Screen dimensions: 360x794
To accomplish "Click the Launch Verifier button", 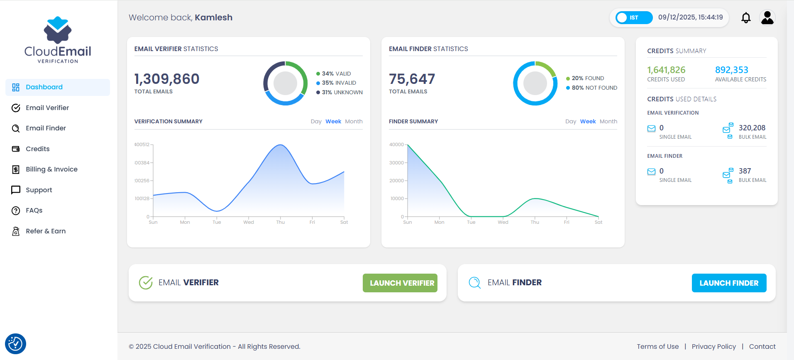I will (400, 283).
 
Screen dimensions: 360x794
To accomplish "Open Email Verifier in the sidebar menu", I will (47, 108).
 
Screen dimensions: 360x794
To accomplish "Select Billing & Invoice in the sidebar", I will (51, 169).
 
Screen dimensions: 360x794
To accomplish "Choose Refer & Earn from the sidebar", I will (45, 231).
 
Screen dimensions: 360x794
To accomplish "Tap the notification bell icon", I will (746, 18).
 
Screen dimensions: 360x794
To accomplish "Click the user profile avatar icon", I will (767, 17).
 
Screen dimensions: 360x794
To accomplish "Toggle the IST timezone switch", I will (633, 17).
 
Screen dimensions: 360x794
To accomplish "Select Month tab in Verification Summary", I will (354, 122).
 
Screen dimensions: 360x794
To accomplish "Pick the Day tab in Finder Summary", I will (570, 122).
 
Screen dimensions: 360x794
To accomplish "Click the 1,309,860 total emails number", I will (167, 79).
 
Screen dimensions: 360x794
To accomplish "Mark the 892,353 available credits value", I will (731, 70).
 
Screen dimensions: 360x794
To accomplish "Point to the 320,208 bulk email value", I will (752, 128).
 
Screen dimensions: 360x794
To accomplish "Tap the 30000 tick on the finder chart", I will (396, 163).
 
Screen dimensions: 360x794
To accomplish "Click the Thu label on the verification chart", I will (281, 223).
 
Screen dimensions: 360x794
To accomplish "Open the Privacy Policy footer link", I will (713, 347).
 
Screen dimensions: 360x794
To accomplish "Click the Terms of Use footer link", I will (657, 347).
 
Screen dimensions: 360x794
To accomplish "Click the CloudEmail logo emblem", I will (58, 30).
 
